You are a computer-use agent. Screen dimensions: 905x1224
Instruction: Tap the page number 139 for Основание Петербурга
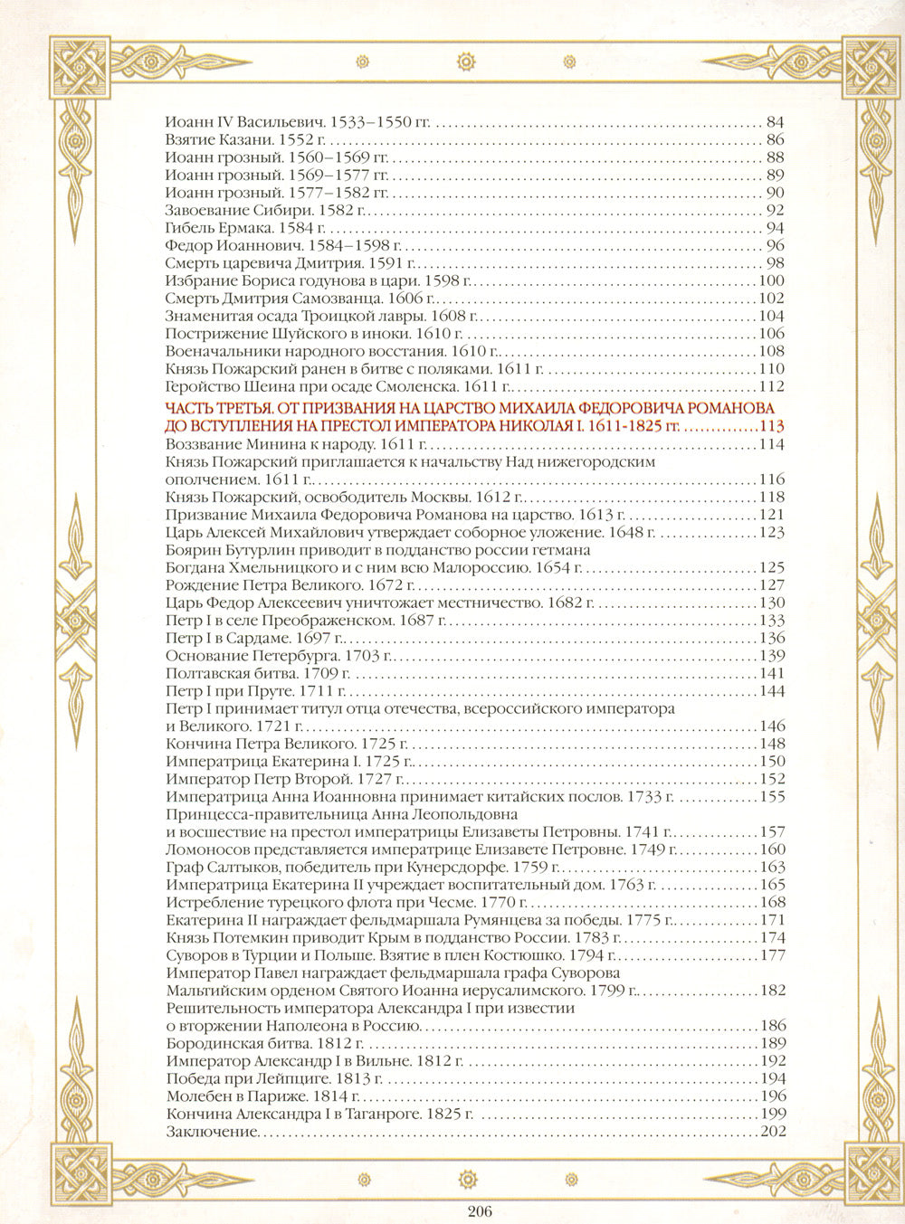pos(772,655)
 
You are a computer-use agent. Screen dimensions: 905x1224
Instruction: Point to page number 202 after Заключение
pos(772,1132)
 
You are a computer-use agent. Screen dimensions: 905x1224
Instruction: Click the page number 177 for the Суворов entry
pos(772,955)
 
